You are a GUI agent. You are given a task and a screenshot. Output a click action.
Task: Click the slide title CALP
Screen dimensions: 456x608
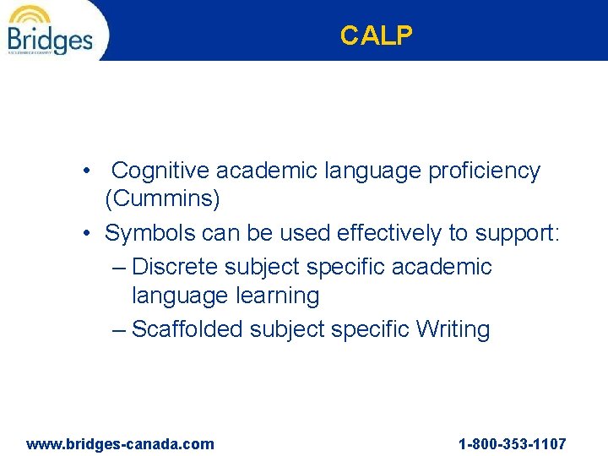pos(377,35)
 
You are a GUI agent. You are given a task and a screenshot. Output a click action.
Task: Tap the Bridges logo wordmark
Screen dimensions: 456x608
pos(50,39)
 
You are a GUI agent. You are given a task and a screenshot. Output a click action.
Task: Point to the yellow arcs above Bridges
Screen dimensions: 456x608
pos(30,15)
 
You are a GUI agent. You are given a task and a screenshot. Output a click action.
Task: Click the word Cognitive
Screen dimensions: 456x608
pos(160,171)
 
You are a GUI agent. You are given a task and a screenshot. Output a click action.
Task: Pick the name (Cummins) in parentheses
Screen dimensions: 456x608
pos(162,199)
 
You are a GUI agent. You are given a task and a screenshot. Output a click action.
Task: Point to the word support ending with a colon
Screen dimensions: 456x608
pos(517,233)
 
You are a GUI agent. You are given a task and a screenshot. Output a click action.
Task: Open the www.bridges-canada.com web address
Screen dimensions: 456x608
pos(121,443)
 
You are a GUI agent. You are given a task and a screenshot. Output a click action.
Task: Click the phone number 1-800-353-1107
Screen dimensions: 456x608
pos(512,443)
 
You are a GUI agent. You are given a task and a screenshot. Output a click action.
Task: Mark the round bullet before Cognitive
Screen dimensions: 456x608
pos(88,171)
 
